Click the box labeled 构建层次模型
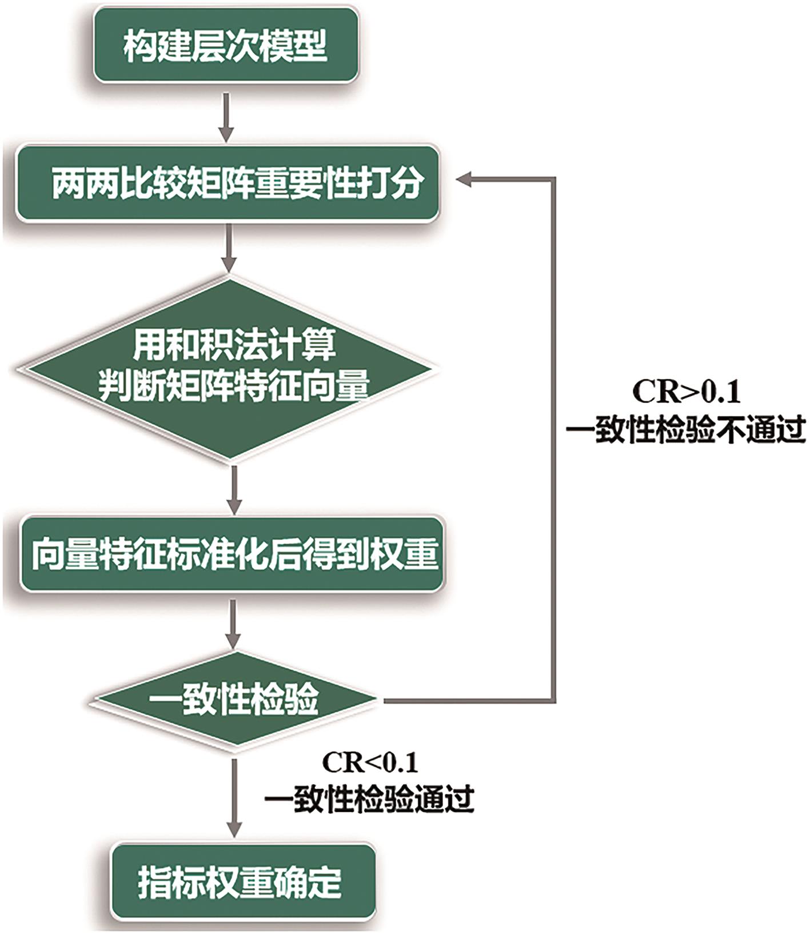(x=226, y=46)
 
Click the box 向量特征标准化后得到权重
(x=232, y=553)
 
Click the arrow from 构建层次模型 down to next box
(x=227, y=117)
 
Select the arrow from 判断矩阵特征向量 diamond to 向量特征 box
(x=234, y=489)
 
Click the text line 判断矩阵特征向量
(x=234, y=386)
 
